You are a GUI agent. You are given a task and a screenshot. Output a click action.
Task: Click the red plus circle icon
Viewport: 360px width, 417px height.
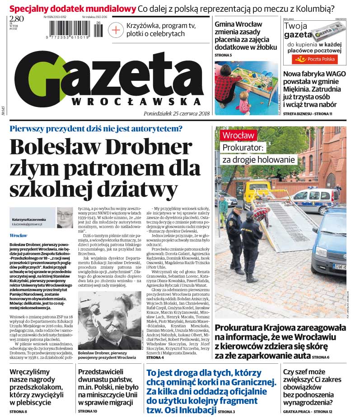pyautogui.click(x=116, y=30)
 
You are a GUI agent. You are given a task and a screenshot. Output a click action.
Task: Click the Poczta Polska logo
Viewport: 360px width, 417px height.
pyautogui.click(x=314, y=59)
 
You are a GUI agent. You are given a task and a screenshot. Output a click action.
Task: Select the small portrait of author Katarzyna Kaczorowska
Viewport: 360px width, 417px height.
pyautogui.click(x=65, y=218)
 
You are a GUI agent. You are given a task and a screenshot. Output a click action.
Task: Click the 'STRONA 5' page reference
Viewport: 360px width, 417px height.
pyautogui.click(x=223, y=55)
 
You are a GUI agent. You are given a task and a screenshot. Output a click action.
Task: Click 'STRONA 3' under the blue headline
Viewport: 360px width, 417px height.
pyautogui.click(x=226, y=412)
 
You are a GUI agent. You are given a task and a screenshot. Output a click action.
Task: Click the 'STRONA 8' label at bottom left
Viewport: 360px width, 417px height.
pyautogui.click(x=18, y=412)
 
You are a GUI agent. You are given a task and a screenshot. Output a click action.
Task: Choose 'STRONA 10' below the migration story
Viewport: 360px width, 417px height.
pyautogui.click(x=88, y=412)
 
